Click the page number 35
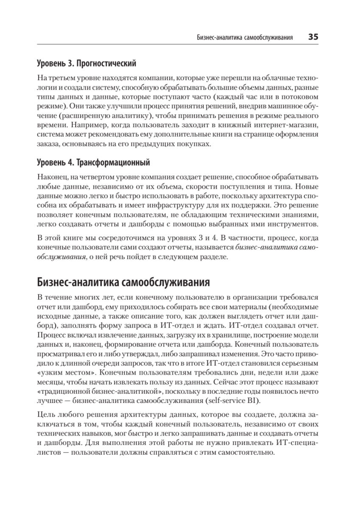point(313,37)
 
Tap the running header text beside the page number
point(246,37)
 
